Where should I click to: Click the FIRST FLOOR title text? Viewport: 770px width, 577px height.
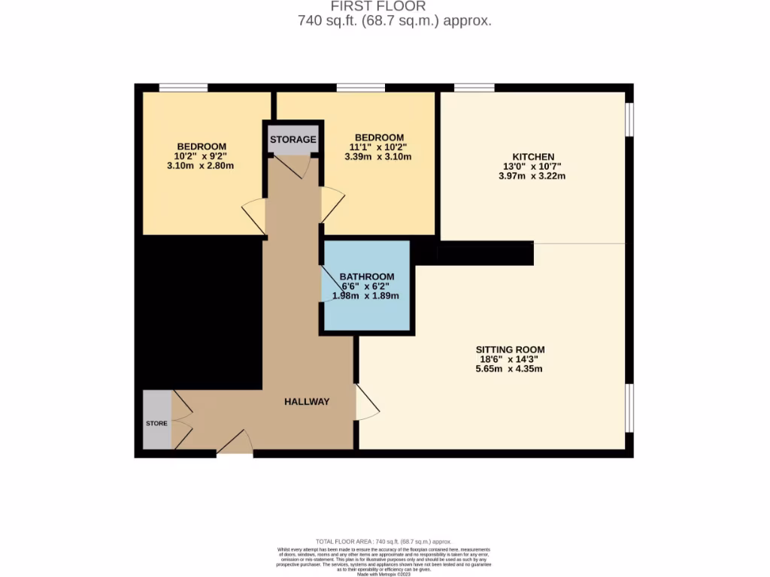tap(395, 7)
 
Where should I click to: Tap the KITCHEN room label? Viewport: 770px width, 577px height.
tap(533, 156)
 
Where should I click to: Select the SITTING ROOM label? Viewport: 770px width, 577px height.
tap(510, 349)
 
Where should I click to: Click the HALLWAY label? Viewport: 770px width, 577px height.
tap(307, 402)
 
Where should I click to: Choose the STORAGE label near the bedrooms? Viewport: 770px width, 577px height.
tap(293, 140)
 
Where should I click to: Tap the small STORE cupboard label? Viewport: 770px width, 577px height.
tap(156, 423)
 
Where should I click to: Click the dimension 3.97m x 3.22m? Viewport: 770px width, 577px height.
tap(532, 177)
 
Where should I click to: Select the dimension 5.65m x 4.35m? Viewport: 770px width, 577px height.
tap(510, 369)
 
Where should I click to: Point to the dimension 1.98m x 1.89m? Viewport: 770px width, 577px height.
tap(366, 296)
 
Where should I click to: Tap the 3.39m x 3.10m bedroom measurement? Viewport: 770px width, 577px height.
tap(378, 157)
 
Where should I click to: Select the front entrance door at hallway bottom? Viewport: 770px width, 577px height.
tap(235, 443)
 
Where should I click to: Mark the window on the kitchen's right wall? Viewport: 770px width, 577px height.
tap(630, 119)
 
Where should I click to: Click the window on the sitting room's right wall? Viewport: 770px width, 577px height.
tap(630, 408)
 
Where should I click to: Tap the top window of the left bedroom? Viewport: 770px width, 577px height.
tap(183, 88)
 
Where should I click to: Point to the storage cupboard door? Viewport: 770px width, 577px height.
tap(300, 166)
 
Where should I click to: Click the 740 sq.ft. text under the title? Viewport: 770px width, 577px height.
tap(395, 21)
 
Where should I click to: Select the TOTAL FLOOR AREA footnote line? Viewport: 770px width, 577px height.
tap(383, 541)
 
